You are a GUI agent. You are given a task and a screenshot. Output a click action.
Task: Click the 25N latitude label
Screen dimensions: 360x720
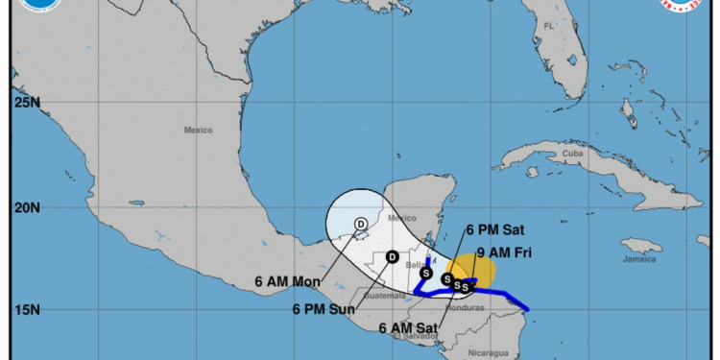25,102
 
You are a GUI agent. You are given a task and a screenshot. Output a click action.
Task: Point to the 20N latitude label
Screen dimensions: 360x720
25,207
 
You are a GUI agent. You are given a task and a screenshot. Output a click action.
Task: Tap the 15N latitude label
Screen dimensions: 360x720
25,310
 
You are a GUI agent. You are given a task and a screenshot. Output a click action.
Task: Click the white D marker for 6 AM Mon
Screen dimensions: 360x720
361,225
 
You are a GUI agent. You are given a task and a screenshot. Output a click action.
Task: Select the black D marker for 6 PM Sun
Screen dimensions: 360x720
392,256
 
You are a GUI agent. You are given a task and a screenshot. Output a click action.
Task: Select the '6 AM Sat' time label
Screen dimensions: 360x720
408,329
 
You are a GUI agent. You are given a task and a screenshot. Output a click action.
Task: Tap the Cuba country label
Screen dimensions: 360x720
573,153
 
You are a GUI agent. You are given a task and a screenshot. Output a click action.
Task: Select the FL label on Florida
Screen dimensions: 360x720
548,25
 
